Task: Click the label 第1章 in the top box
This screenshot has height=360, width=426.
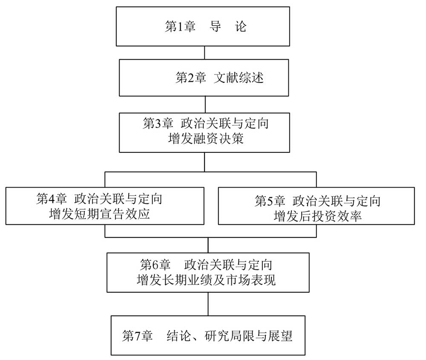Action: (180, 26)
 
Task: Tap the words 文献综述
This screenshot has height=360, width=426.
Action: (239, 78)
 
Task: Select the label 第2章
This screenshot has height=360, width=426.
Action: (190, 78)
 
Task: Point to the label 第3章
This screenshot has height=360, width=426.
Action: (158, 123)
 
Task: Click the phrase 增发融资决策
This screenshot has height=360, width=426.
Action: (206, 139)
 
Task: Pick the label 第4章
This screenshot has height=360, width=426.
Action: (52, 199)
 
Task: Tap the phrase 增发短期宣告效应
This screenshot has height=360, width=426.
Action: (99, 214)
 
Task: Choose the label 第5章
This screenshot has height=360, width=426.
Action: (270, 201)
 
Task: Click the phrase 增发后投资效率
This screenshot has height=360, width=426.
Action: (318, 216)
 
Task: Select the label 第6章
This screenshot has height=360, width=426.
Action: (155, 265)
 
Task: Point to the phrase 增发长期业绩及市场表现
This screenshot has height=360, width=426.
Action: (206, 280)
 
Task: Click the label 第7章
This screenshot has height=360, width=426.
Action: (137, 336)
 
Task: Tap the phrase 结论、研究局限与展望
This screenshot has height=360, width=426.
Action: (229, 336)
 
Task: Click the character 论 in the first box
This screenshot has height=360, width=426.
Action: (241, 26)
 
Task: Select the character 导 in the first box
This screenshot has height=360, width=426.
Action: (215, 26)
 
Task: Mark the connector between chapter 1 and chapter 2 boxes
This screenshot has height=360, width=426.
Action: (204, 53)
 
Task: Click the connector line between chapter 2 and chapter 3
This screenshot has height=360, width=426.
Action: (205, 104)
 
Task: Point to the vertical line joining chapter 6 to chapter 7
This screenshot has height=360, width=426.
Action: (208, 304)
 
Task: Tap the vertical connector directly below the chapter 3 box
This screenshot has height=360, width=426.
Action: (204, 162)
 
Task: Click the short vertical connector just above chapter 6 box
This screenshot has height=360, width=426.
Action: (208, 245)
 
